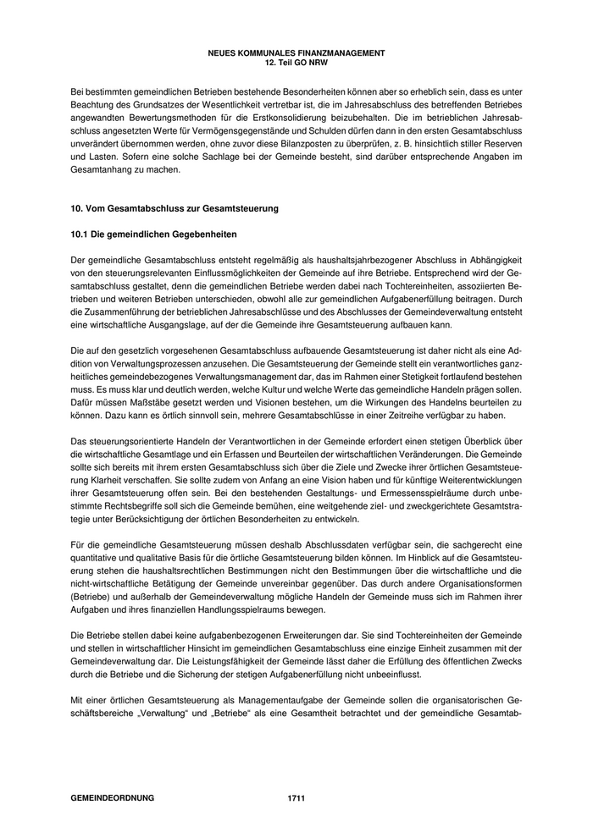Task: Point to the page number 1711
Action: (296, 797)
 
